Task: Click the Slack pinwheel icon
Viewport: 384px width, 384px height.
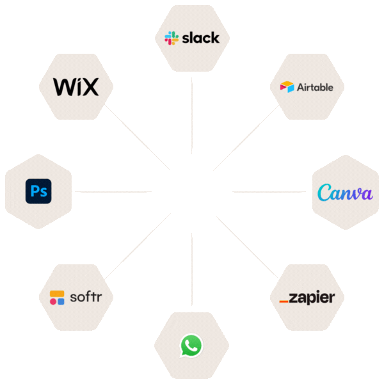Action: (171, 38)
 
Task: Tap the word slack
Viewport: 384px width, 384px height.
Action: (200, 38)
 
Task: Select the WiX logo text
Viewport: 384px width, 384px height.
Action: (76, 86)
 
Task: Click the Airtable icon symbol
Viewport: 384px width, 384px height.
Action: (287, 86)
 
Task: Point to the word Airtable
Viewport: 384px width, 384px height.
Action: (315, 87)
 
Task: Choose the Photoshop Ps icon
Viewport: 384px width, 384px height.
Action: (38, 191)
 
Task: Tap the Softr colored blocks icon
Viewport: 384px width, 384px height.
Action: (57, 298)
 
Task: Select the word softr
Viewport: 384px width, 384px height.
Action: (84, 297)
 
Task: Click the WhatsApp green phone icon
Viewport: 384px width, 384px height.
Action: (191, 346)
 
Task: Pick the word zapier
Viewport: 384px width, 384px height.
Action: (312, 298)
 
